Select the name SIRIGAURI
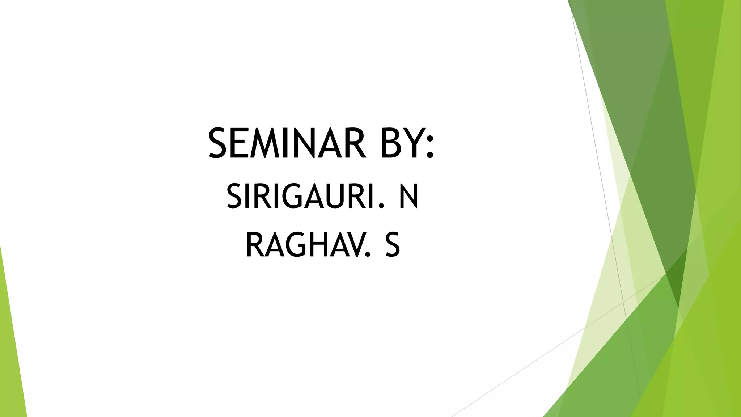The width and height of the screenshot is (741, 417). click(x=300, y=197)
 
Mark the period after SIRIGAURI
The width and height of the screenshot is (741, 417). click(x=380, y=206)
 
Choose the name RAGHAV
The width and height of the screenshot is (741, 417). click(x=304, y=245)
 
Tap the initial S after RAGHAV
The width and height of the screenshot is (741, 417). click(x=393, y=245)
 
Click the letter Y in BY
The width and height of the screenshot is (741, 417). click(x=414, y=143)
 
